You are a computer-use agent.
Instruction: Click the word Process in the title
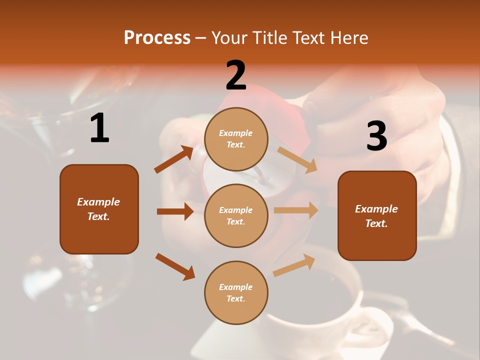click(157, 38)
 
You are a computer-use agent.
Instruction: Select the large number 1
click(99, 128)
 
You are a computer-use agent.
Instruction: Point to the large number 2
click(236, 75)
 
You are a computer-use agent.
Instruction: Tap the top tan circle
click(236, 139)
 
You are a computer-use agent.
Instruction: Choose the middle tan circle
click(236, 215)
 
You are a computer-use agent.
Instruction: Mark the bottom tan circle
click(236, 292)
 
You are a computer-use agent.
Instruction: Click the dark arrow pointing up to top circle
click(174, 159)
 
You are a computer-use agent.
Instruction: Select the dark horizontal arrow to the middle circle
click(175, 211)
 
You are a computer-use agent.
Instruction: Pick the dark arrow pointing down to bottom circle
click(175, 266)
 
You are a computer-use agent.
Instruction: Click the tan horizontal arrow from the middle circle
click(296, 210)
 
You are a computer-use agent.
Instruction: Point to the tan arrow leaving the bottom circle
click(294, 265)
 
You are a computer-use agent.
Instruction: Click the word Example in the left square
click(98, 202)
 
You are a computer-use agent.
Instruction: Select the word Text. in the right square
click(376, 223)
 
